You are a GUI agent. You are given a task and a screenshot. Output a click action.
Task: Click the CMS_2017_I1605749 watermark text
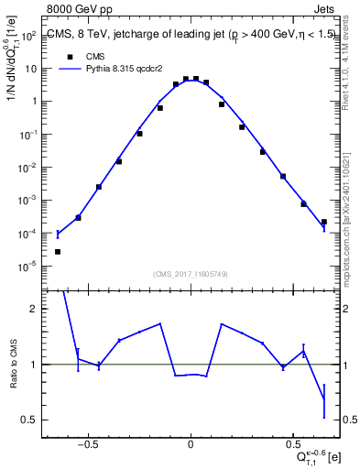pos(190,273)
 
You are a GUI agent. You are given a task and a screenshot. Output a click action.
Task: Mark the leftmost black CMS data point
pos(58,251)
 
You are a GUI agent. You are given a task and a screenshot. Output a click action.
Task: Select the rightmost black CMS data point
pos(323,222)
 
